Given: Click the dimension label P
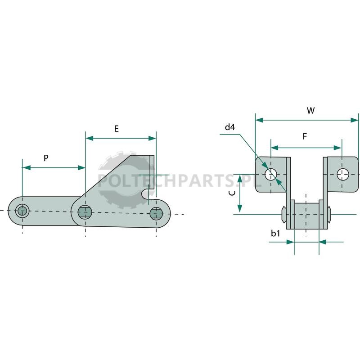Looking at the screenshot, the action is pyautogui.click(x=46, y=158).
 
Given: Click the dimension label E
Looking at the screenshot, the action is pyautogui.click(x=117, y=129).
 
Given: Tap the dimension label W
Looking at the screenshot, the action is pyautogui.click(x=310, y=111).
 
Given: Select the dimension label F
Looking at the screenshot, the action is pyautogui.click(x=305, y=136).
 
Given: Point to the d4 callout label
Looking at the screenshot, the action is pyautogui.click(x=230, y=127).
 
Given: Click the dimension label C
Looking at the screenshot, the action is pyautogui.click(x=232, y=193).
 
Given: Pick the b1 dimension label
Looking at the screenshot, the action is pyautogui.click(x=275, y=233).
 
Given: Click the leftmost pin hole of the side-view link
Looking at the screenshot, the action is pyautogui.click(x=22, y=211).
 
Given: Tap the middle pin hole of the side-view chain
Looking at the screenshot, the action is pyautogui.click(x=85, y=212).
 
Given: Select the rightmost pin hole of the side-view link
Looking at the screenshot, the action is pyautogui.click(x=156, y=213).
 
